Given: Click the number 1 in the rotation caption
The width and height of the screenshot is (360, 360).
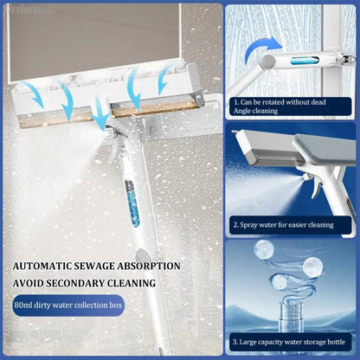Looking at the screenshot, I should [x=235, y=101].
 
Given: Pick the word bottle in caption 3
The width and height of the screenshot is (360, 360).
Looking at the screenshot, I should [x=335, y=341].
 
